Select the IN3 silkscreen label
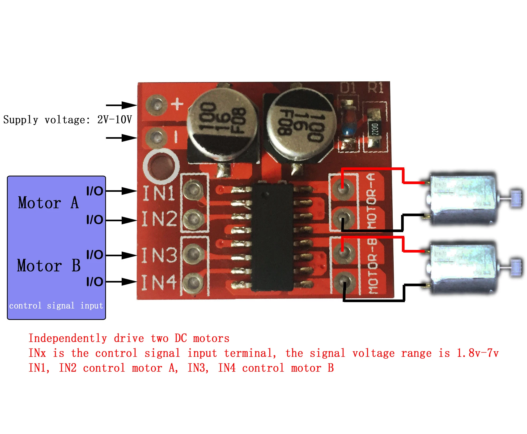coord(159,255)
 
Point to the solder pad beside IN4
coord(193,282)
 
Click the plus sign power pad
coord(157,105)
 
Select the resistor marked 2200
coord(375,129)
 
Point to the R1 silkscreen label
coord(376,88)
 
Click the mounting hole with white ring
coord(161,166)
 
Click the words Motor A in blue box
coord(48,203)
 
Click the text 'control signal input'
coord(56,306)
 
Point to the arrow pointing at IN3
coord(121,255)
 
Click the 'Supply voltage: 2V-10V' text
coord(67,120)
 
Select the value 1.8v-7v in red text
coord(478,353)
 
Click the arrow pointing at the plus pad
coord(121,105)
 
